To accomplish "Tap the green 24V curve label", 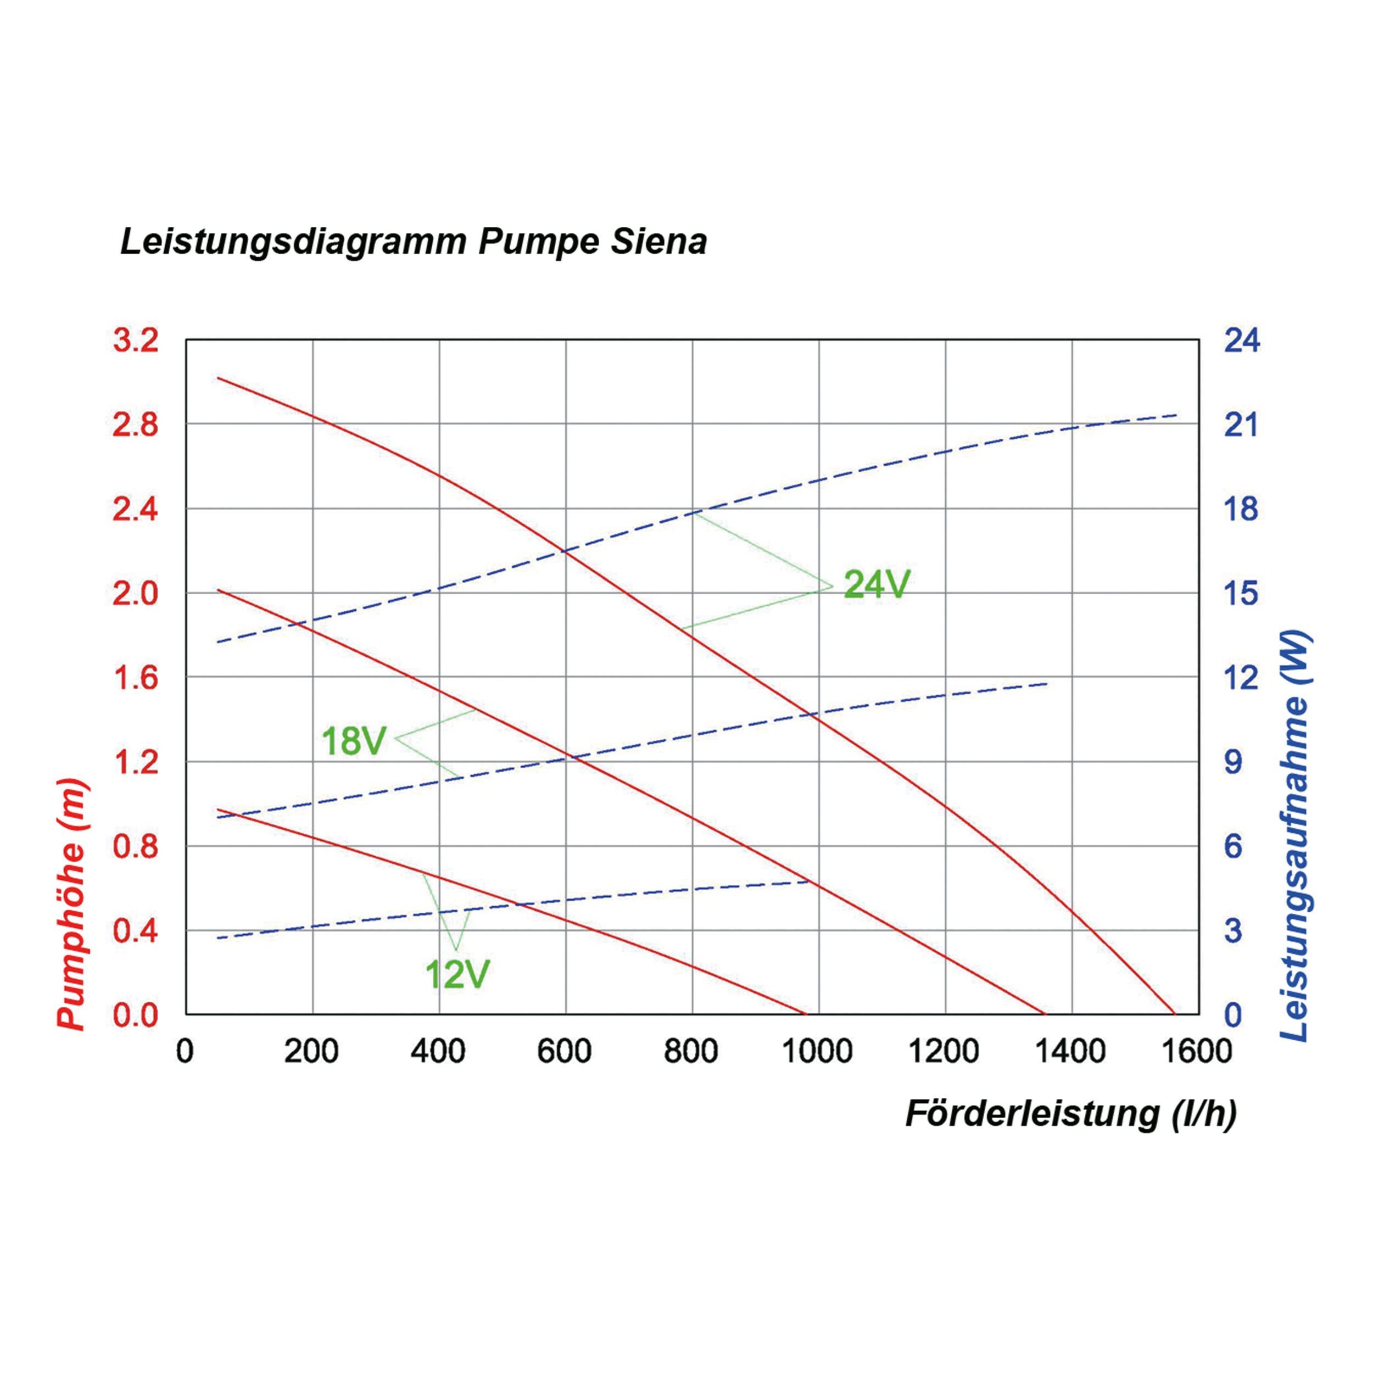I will tap(875, 585).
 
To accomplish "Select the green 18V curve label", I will tap(353, 741).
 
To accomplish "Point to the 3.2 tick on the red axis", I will tap(136, 341).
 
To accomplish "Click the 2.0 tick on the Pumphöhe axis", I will tap(136, 593).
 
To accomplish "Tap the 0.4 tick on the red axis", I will tap(136, 931).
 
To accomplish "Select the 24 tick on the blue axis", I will tap(1242, 341).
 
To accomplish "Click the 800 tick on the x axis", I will tap(691, 1051).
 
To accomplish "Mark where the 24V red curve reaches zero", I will tap(1174, 1014).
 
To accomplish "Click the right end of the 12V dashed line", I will tap(810, 882).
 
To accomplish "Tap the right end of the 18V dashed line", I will tap(1047, 684).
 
